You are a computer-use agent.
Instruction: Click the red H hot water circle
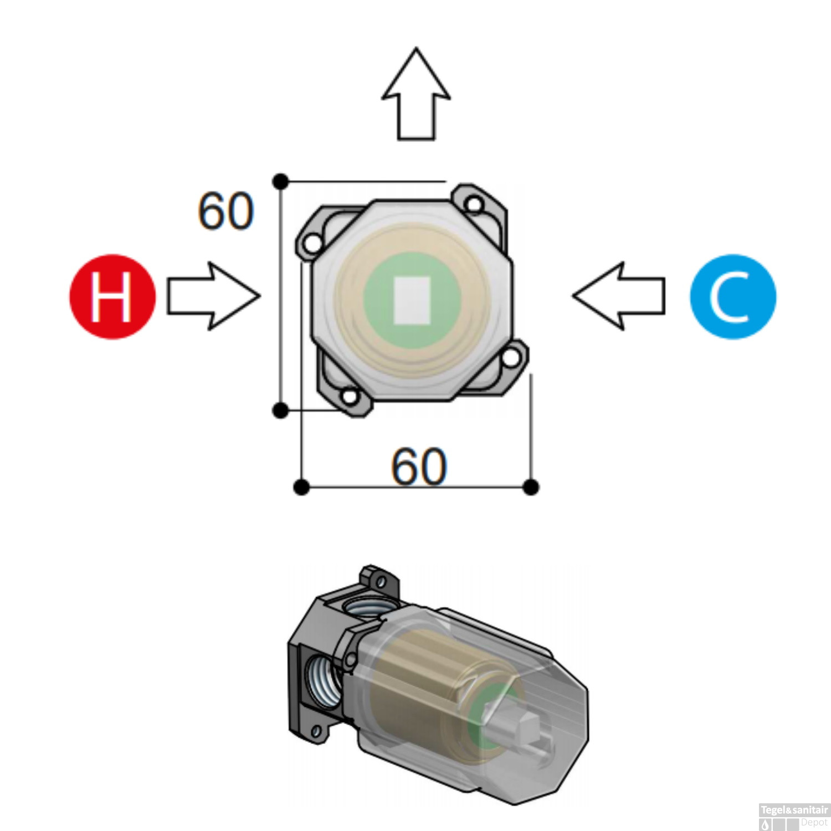pos(112,296)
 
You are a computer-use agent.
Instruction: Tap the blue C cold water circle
pos(733,296)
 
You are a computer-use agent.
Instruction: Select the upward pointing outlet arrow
pos(416,94)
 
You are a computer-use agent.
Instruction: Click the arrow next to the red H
pos(214,296)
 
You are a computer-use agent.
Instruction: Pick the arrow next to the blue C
pos(619,296)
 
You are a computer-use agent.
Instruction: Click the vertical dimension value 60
pos(226,211)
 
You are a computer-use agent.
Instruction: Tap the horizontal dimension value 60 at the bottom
pos(419,466)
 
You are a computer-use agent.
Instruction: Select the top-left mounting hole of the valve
pos(314,243)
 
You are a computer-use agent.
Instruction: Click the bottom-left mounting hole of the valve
pos(350,397)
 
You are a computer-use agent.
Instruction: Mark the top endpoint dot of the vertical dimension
pos(281,181)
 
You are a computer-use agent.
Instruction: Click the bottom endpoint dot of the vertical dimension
pos(281,411)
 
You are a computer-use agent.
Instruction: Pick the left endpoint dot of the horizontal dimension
pos(301,488)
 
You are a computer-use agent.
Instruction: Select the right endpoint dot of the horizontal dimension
pos(531,488)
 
